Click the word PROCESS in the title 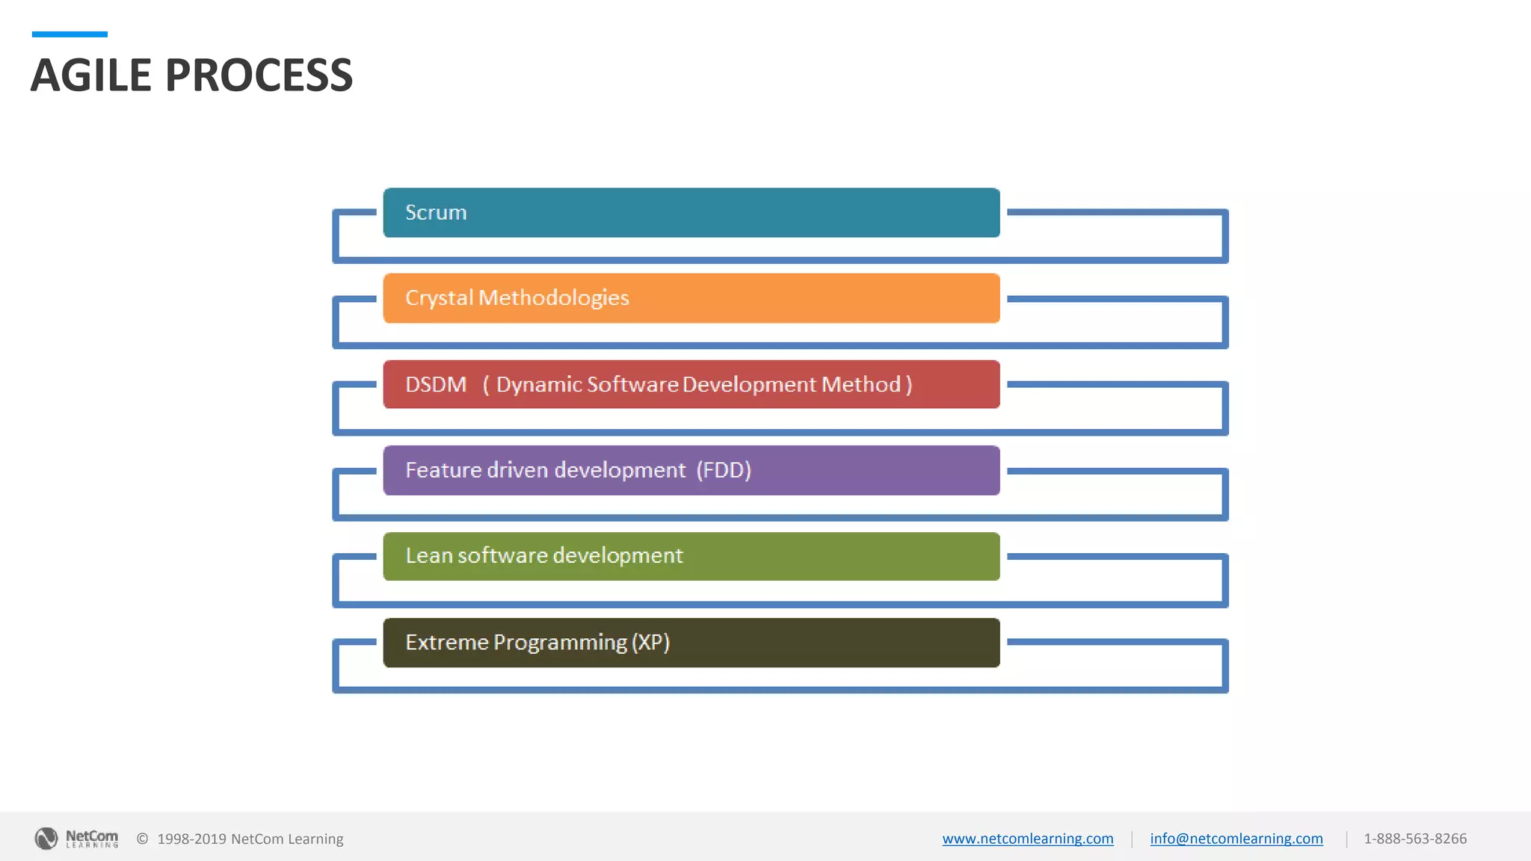[x=259, y=75]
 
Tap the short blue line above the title [x=70, y=34]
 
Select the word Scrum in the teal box [x=436, y=213]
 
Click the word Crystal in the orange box [x=439, y=298]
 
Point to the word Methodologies [x=554, y=298]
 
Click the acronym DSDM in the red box [x=436, y=385]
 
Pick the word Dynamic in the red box [x=539, y=385]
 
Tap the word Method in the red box [x=860, y=385]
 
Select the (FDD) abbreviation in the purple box [x=724, y=470]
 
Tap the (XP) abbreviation [x=650, y=643]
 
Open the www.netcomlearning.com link [x=1027, y=839]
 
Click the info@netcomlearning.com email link [x=1236, y=839]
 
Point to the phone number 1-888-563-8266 [x=1414, y=839]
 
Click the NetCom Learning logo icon [x=46, y=839]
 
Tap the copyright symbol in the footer [x=142, y=839]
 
